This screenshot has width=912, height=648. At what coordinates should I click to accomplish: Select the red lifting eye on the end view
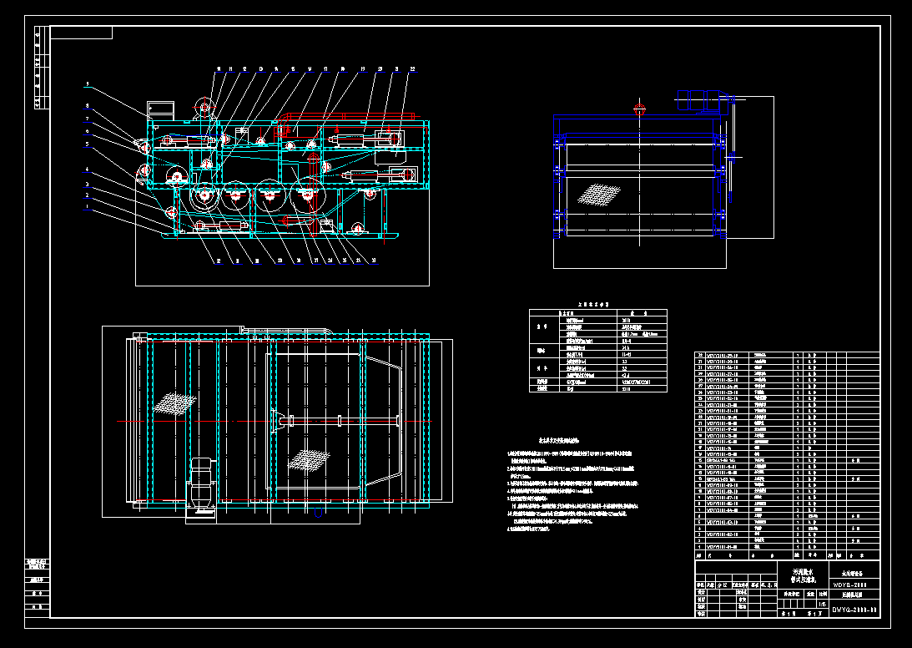coord(640,108)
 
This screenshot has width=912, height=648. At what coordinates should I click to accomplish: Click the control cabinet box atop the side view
coord(159,109)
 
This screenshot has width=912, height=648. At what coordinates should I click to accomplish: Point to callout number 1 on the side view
coord(85,205)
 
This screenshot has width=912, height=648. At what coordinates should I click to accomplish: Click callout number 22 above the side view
coord(412,69)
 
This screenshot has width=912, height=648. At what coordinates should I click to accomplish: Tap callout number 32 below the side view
coord(219,261)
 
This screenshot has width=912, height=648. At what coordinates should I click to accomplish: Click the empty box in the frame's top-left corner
coord(82,33)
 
